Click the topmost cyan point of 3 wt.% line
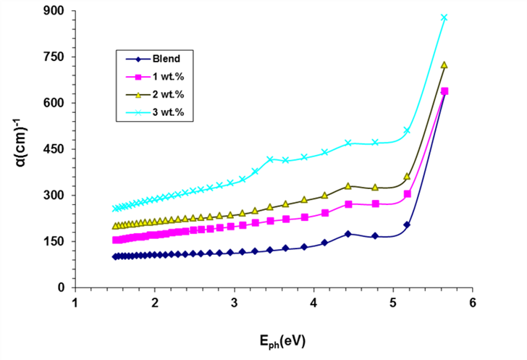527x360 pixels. coord(444,17)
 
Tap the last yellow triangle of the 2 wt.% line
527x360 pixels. coord(444,65)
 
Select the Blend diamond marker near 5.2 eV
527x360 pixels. coord(408,225)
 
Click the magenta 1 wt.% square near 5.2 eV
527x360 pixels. coord(408,194)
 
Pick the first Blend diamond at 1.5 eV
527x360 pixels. coord(115,256)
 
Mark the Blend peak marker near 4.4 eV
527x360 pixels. coord(348,234)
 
